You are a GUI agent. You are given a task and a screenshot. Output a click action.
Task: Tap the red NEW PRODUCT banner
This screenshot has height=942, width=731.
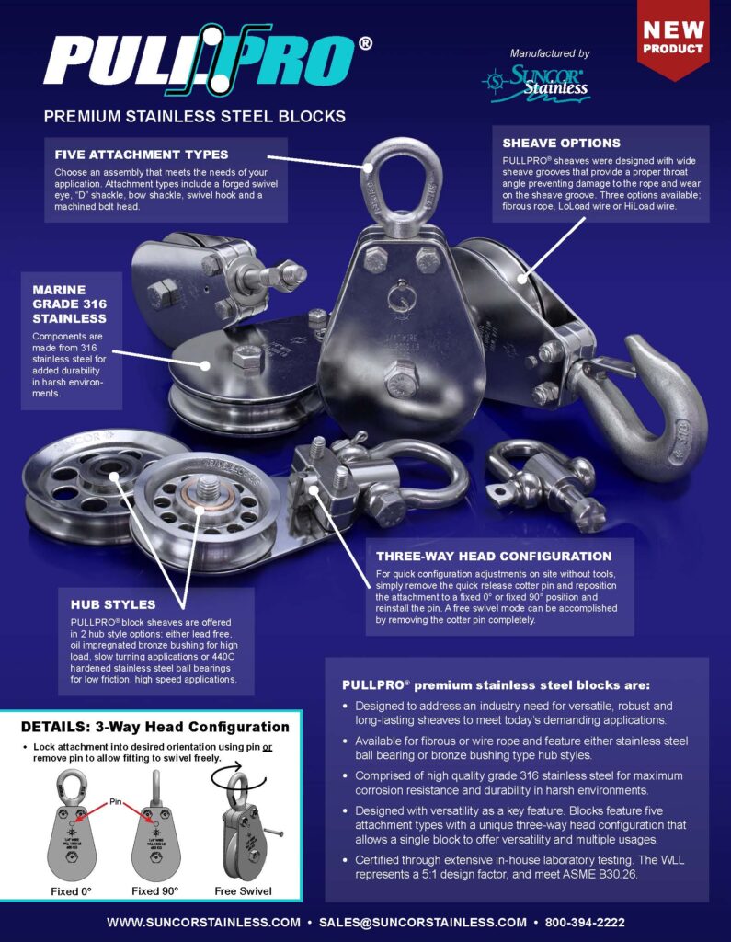673,39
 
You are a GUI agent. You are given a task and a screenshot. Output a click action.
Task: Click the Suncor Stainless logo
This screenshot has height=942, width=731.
536,83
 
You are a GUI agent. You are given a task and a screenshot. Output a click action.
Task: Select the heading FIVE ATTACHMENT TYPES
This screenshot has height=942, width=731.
142,155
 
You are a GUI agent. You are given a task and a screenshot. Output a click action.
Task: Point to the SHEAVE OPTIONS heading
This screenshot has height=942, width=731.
561,143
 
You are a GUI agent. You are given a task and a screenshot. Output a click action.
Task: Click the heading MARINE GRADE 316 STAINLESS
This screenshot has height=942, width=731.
69,304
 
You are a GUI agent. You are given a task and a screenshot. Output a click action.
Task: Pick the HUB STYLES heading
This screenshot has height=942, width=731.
113,604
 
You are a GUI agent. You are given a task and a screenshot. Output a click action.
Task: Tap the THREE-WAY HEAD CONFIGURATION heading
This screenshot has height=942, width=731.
494,557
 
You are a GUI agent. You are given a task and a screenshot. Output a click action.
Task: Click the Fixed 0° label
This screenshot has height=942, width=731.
71,890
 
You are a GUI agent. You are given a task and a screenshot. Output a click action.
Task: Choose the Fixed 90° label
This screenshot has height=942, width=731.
155,890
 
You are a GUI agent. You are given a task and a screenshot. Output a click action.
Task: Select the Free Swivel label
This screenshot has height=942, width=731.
243,890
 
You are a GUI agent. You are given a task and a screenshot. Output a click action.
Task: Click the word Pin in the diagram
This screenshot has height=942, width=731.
115,802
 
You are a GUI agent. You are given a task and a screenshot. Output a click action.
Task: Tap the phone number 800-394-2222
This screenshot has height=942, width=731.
585,922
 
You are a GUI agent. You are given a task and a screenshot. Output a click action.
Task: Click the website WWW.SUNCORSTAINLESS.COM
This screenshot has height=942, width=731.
203,922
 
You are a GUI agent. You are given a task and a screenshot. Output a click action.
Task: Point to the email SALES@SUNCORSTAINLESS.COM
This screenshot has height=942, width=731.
423,922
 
